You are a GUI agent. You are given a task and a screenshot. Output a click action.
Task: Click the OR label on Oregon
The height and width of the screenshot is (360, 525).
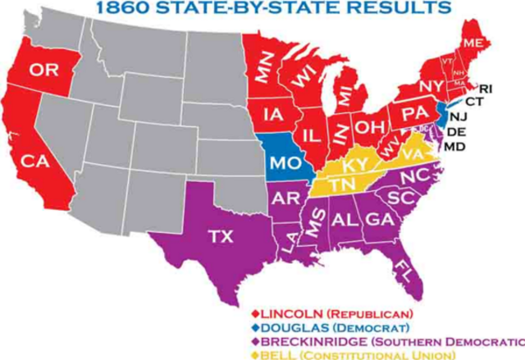(39, 71)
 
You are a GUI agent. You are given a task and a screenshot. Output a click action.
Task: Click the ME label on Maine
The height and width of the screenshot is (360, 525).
(472, 43)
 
